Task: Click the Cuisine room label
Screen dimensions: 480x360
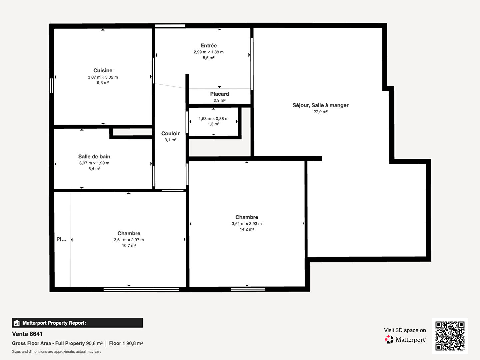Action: (103, 71)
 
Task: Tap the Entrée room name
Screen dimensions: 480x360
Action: (209, 46)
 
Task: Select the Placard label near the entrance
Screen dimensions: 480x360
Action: (220, 94)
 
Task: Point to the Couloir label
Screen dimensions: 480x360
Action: (170, 134)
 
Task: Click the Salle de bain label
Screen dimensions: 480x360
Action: (94, 157)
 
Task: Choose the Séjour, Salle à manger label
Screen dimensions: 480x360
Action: (320, 105)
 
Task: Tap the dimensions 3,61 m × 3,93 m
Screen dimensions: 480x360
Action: (247, 224)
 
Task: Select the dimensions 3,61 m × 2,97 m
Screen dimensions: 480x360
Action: (129, 240)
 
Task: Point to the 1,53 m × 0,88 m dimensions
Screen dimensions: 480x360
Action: (213, 119)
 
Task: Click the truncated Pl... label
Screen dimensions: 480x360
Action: (61, 239)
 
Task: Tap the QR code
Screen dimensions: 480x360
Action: (450, 336)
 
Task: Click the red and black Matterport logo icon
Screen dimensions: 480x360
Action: (389, 339)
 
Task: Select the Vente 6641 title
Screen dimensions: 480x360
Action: (27, 334)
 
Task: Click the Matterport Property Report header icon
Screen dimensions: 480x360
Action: (17, 323)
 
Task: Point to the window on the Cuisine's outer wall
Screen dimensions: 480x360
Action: (52, 85)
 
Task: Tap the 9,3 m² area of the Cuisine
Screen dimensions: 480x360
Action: (103, 83)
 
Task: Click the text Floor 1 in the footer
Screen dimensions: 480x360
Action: (117, 343)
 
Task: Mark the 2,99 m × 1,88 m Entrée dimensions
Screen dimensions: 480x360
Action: (209, 52)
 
